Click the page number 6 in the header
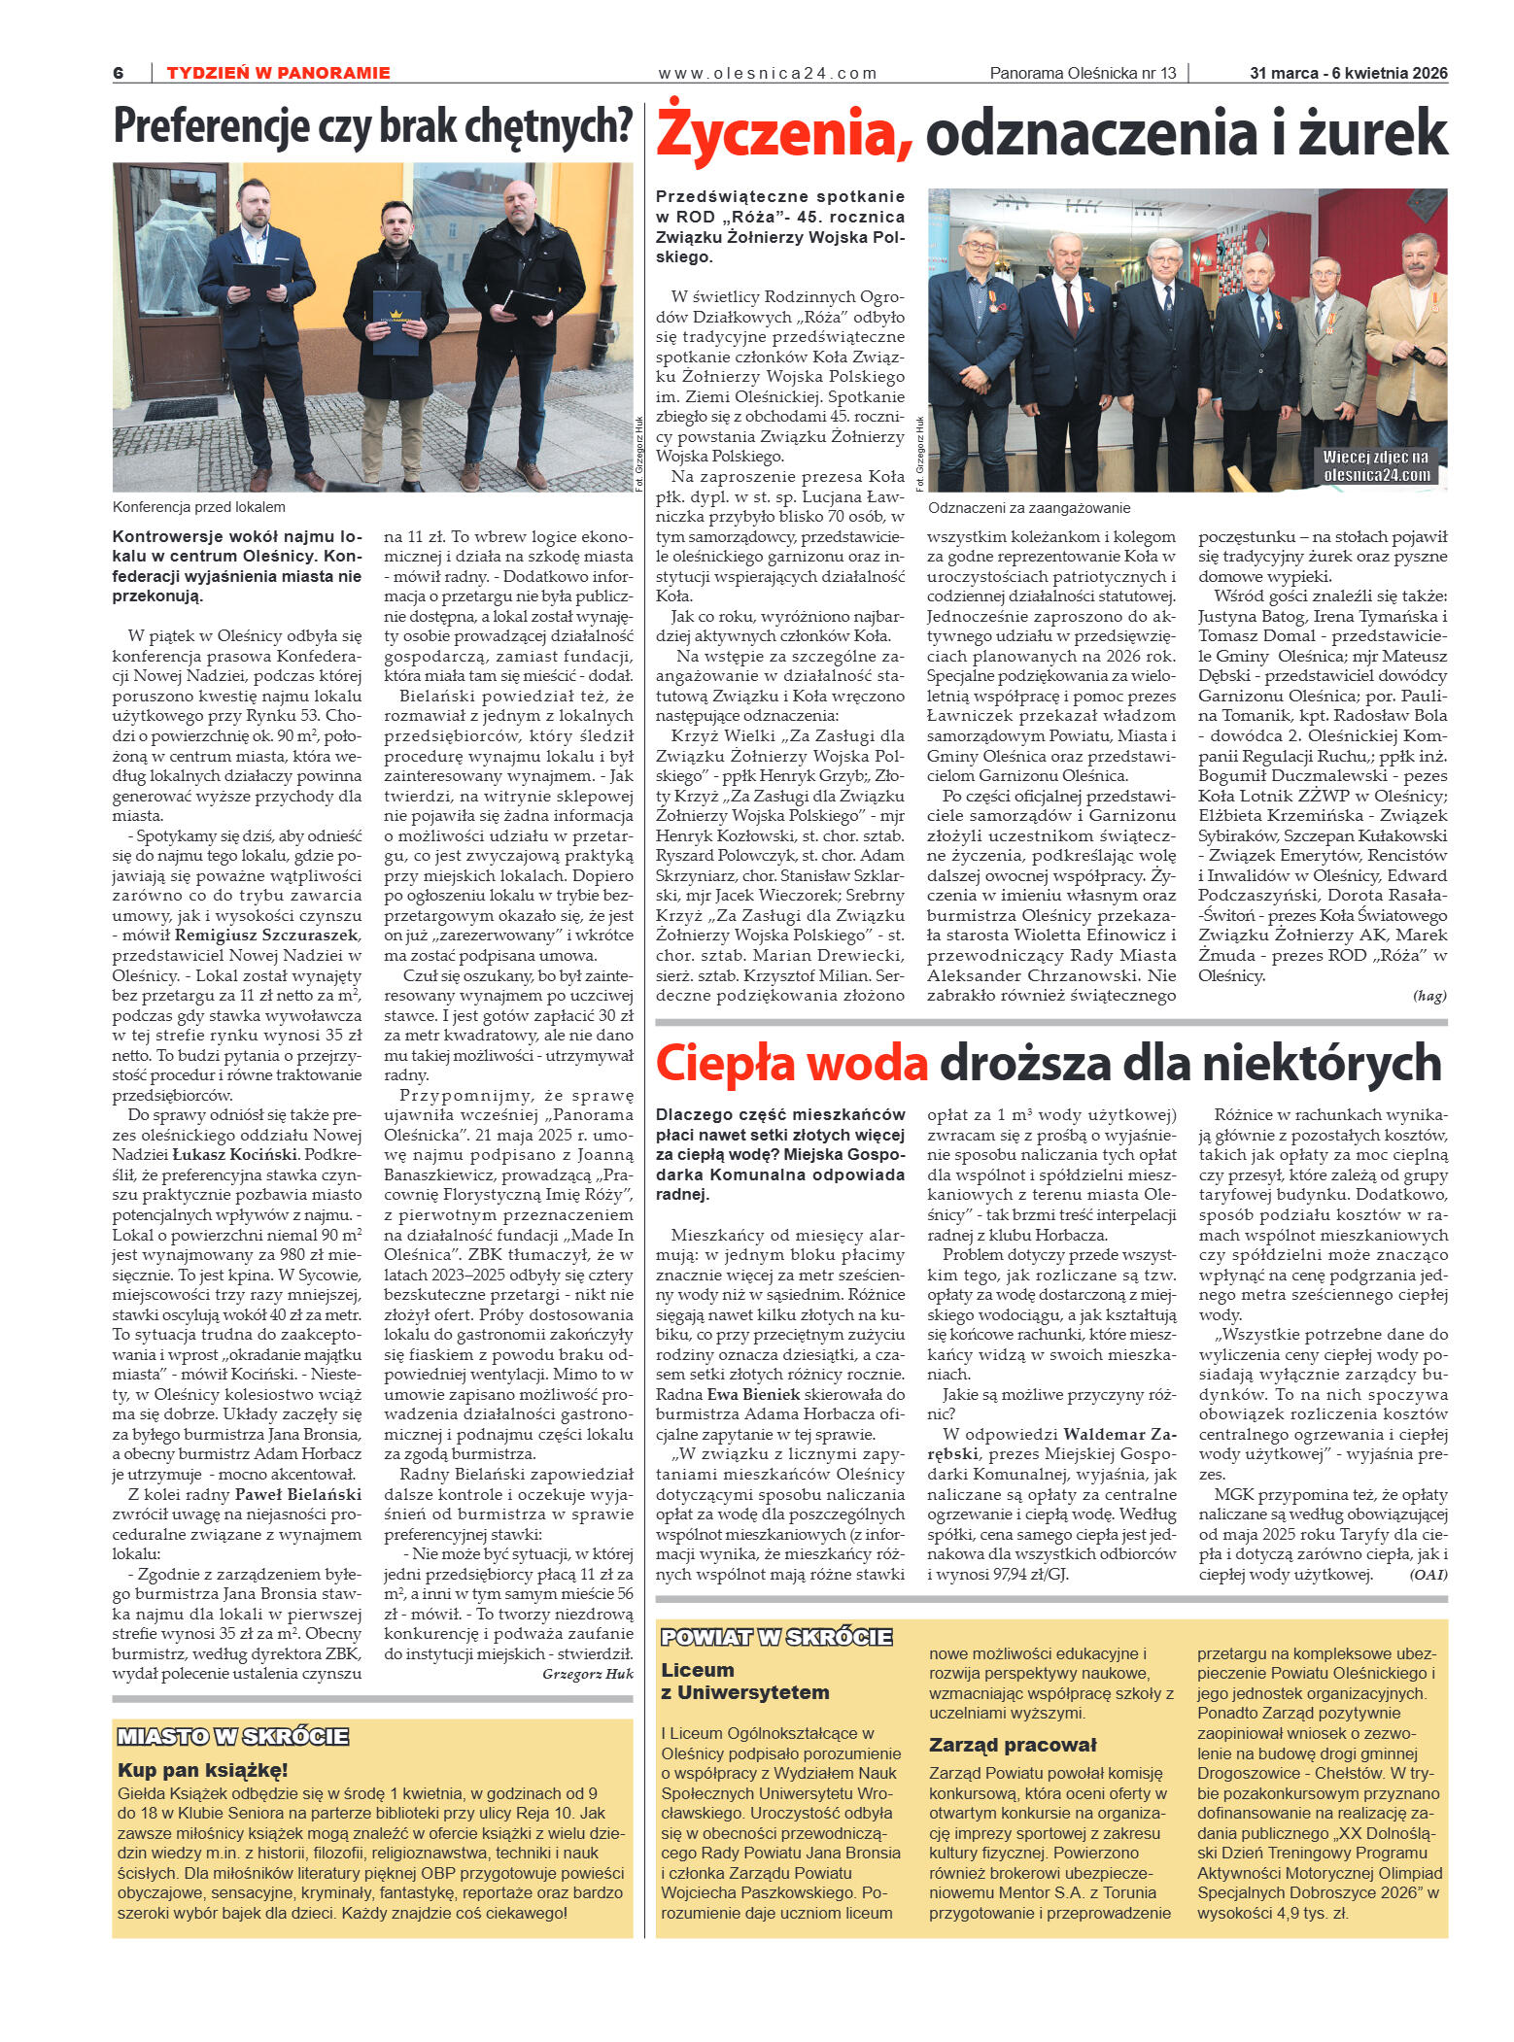[x=119, y=73]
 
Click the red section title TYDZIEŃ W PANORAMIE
[x=278, y=73]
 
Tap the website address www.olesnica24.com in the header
[x=768, y=73]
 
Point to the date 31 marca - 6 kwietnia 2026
[x=1348, y=73]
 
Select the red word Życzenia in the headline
[x=783, y=133]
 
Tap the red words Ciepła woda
[x=791, y=1063]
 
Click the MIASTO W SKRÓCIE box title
[x=233, y=1736]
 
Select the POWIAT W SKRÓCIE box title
[x=776, y=1637]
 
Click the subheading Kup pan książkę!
[x=203, y=1770]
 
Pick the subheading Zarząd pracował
[x=1013, y=1744]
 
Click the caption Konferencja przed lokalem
[x=199, y=507]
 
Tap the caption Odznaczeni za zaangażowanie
[x=1029, y=508]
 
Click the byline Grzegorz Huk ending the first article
[x=587, y=1674]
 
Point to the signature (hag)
[x=1428, y=996]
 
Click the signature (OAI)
[x=1428, y=1575]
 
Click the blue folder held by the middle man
[x=396, y=322]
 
